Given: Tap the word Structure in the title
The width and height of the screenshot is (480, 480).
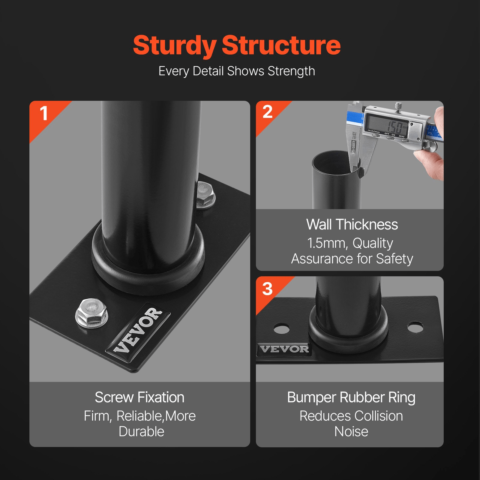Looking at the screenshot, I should point(281,46).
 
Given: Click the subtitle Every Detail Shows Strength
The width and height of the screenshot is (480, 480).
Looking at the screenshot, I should point(237,71).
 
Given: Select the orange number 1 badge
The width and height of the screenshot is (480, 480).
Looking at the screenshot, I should point(44,114).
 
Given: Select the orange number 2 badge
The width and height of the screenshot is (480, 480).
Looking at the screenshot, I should point(267,112).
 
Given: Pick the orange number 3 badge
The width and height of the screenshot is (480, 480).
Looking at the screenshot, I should point(267,289).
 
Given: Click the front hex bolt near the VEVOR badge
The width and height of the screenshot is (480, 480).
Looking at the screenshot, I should point(91,312).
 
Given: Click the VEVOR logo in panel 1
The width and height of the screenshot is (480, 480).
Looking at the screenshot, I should point(138,330).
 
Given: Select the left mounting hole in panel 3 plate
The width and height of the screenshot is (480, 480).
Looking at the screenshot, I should point(282,328).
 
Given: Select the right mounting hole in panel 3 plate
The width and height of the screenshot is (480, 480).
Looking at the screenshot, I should point(415,327).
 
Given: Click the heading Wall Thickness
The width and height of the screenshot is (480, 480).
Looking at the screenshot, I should point(352,224).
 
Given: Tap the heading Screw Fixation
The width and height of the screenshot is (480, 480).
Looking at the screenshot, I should point(139,397).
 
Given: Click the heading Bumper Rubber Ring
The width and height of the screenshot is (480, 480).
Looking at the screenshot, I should point(351,397).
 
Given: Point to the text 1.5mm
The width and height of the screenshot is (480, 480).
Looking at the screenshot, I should point(327,243).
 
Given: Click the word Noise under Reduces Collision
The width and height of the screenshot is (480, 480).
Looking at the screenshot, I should point(351,432).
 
